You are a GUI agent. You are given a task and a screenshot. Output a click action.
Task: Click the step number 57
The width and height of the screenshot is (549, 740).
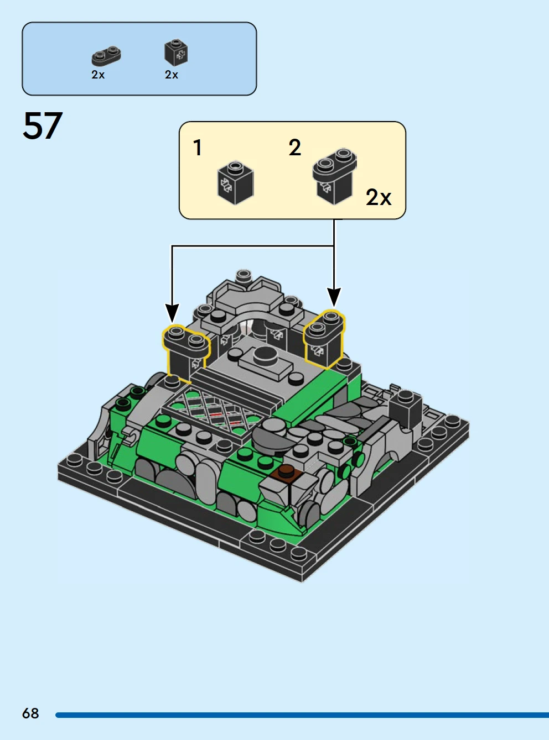click(43, 125)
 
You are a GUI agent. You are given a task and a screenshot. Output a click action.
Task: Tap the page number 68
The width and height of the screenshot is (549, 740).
click(30, 713)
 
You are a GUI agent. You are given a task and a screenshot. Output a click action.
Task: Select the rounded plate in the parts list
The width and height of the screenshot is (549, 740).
click(106, 56)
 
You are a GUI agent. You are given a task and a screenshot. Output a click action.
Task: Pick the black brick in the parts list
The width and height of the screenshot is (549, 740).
click(176, 53)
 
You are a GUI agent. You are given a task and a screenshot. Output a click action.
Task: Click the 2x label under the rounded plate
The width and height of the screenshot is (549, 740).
click(98, 75)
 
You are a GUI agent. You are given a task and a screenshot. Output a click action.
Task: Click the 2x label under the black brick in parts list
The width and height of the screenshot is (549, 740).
click(172, 75)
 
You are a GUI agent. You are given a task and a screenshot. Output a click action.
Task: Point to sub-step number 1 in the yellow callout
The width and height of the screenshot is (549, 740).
click(198, 148)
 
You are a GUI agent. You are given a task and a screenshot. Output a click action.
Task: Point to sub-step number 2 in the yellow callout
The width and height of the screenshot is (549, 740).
click(295, 148)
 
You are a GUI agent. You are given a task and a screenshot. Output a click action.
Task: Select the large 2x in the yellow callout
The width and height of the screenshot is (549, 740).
click(378, 197)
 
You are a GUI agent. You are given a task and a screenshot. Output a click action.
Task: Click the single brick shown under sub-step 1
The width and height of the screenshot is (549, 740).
click(236, 182)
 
